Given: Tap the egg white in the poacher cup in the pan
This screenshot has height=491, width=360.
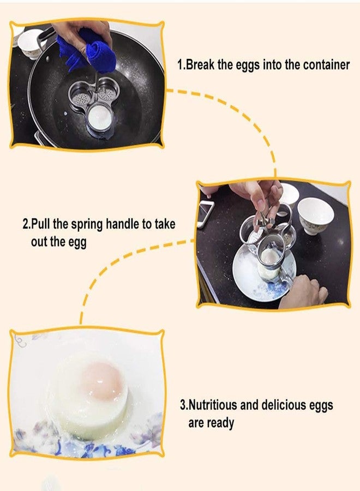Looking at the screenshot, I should point(99,117).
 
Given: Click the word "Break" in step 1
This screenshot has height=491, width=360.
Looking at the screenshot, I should point(200,64).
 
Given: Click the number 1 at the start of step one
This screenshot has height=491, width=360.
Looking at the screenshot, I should point(181,64).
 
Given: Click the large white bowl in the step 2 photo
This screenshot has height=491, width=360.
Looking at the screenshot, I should point(316,214).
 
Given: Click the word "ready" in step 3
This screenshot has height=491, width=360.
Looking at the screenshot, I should point(220,423).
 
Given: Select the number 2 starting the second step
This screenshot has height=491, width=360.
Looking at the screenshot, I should point(25,224).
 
